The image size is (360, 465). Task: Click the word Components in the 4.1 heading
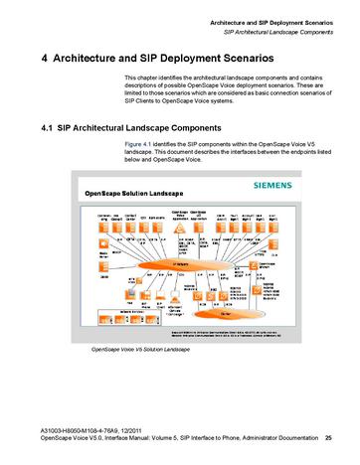(203, 128)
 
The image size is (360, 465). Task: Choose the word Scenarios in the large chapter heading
(275, 58)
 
